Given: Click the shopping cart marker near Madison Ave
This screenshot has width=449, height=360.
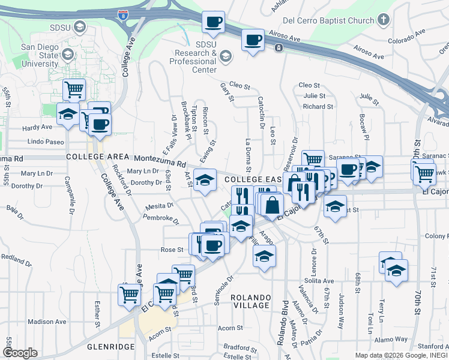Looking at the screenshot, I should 129,295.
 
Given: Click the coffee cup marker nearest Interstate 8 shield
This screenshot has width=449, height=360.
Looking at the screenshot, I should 212,23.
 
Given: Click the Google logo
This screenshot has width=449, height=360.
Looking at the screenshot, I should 20,353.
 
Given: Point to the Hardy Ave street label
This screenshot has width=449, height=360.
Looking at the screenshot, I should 37,127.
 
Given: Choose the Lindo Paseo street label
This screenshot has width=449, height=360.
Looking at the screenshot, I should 46,142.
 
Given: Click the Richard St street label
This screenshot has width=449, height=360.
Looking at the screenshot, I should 318,106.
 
